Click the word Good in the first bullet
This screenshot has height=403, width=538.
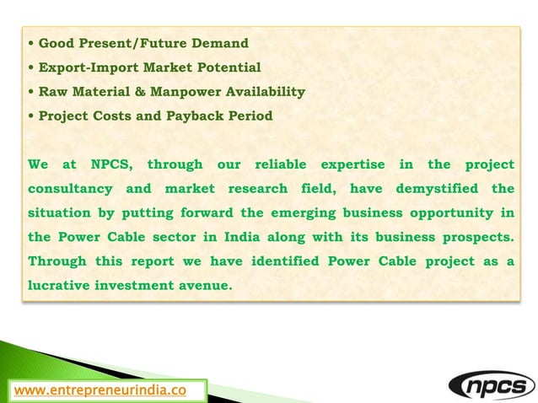[56, 42]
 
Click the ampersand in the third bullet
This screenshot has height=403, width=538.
[154, 91]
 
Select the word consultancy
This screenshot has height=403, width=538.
[67, 188]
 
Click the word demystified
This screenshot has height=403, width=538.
[434, 188]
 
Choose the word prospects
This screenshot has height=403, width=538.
[480, 237]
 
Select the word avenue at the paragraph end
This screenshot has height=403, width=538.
[205, 286]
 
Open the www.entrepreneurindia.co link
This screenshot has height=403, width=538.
[97, 391]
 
